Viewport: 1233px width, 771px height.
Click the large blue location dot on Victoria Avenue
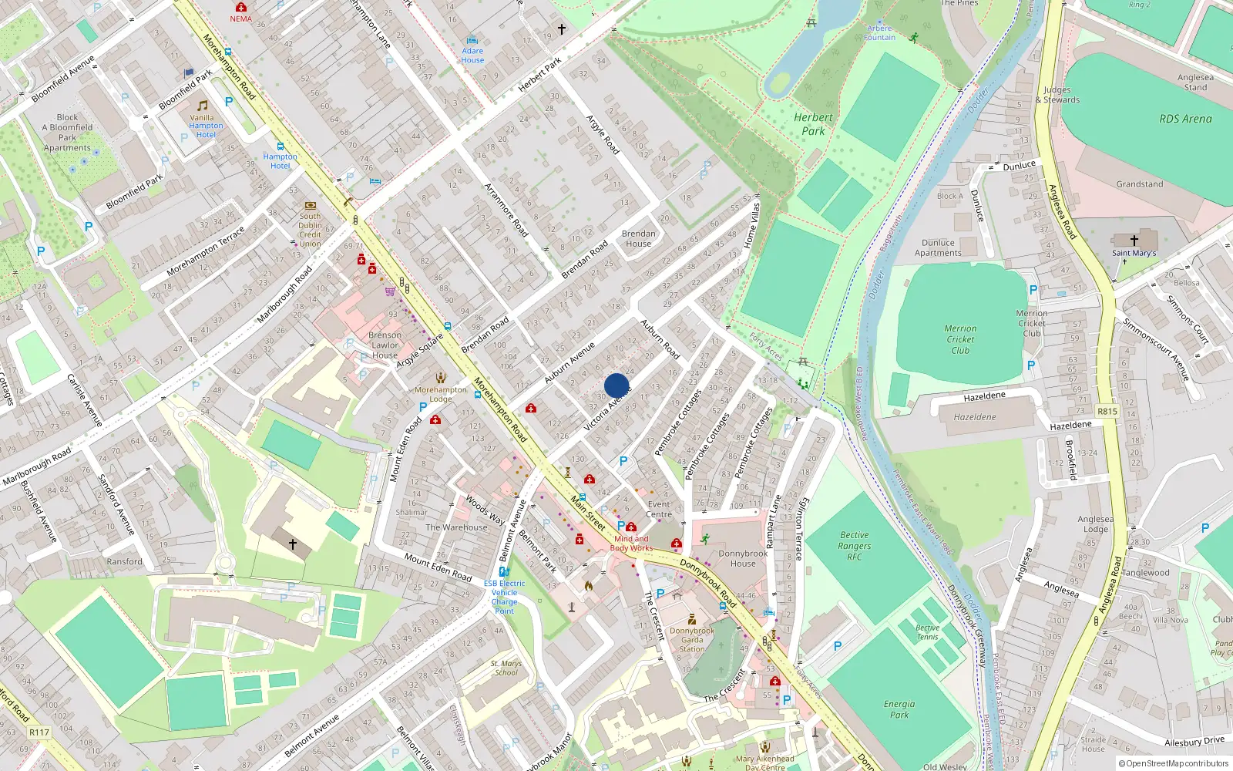point(616,385)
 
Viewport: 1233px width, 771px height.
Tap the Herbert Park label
point(813,124)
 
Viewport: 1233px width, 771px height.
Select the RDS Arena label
point(1185,119)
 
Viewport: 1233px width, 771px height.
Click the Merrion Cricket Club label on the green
point(960,339)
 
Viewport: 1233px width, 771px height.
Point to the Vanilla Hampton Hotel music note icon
point(203,106)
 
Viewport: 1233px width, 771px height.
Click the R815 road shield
point(1107,411)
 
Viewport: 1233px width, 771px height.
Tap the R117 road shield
point(39,732)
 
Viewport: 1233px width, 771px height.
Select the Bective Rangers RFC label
point(854,545)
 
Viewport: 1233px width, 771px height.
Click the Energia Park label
point(899,709)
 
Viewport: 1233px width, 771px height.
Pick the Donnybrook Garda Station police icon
point(692,619)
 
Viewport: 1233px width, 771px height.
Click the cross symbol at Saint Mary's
point(1134,241)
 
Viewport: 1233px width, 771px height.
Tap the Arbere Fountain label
point(879,33)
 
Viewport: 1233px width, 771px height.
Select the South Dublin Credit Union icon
point(310,206)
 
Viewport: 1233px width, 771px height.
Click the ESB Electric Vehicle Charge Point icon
point(504,572)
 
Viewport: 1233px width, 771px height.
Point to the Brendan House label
point(638,238)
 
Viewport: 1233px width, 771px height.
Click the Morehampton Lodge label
point(441,394)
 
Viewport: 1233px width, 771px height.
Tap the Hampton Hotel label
point(280,160)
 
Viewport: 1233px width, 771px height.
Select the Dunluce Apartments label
point(938,247)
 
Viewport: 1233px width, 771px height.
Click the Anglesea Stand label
point(1195,82)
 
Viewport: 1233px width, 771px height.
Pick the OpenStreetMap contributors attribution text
point(1173,763)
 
